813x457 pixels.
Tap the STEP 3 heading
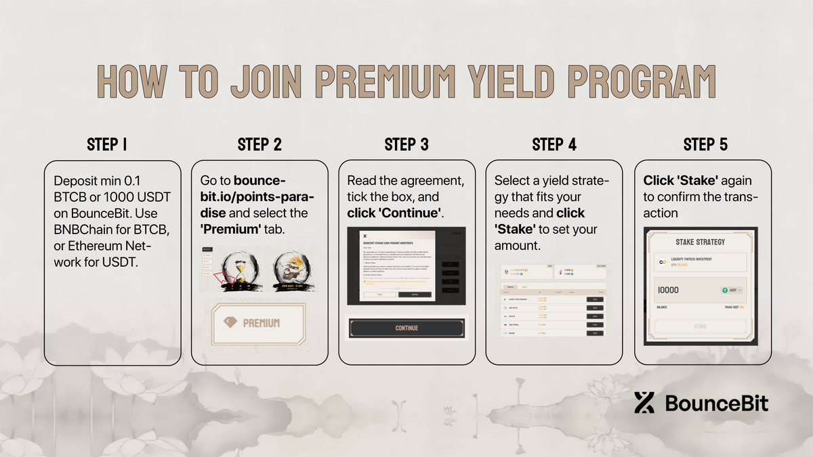[406, 144]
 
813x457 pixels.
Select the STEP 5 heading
[705, 144]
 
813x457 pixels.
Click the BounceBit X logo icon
[644, 403]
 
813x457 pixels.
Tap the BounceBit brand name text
[717, 404]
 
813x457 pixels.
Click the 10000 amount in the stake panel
[669, 290]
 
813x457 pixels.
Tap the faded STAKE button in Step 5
[701, 326]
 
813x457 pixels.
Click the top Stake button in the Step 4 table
[597, 299]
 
